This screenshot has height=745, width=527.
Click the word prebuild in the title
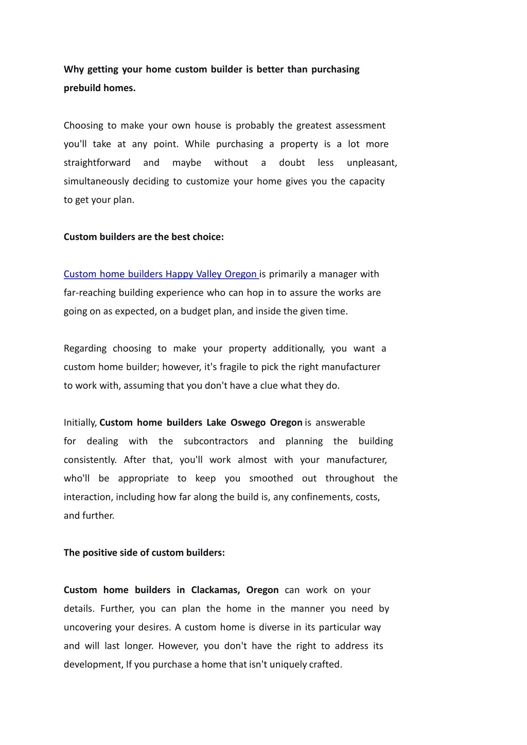pos(82,88)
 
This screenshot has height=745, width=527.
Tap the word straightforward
pos(97,163)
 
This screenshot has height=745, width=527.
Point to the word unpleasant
pos(372,163)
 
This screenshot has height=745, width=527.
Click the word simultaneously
pos(96,181)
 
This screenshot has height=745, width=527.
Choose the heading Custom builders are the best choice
pos(144,237)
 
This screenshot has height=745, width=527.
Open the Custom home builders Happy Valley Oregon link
pos(160,274)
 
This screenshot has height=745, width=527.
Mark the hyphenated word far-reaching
pos(90,292)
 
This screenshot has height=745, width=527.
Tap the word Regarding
pos(85,349)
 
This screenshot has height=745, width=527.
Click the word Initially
pos(80,423)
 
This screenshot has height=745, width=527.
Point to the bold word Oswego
pos(248,423)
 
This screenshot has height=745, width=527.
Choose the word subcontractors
pos(216,441)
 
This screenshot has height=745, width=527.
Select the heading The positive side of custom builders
pos(144,552)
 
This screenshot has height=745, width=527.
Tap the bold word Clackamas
pos(215,590)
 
